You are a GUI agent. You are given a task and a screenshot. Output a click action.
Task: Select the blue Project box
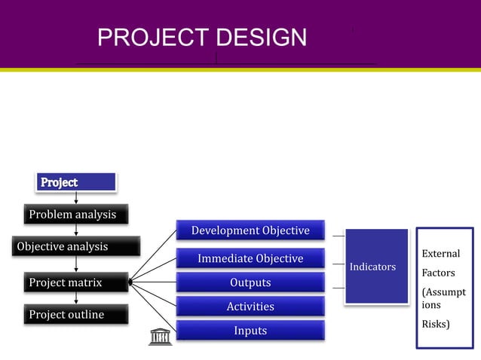[76, 182]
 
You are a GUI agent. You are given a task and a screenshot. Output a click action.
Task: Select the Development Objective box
[250, 230]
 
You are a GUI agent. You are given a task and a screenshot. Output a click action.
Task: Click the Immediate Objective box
[250, 259]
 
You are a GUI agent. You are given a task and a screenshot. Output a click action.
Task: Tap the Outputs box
[250, 282]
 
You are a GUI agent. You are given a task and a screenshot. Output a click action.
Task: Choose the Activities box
[250, 307]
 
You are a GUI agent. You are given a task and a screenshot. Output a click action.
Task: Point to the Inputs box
[250, 331]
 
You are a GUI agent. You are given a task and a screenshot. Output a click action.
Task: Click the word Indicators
[372, 267]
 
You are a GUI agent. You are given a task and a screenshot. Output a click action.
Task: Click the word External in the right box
[440, 254]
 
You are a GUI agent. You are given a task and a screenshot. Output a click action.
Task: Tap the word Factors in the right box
[438, 273]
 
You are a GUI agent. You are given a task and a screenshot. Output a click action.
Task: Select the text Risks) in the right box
[437, 324]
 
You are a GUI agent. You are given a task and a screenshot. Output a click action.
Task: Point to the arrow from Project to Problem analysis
[76, 197]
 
